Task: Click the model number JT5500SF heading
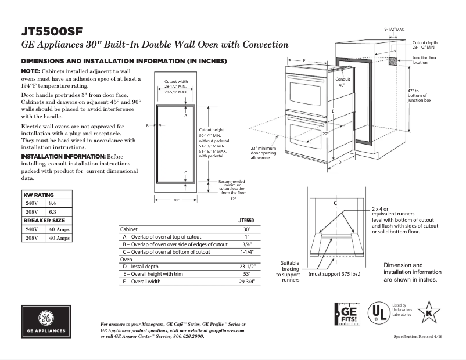tap(51, 31)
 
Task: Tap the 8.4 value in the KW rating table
tap(52, 203)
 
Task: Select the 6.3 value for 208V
tap(52, 212)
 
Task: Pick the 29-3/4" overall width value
tap(247, 282)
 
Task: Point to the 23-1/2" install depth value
tap(247, 267)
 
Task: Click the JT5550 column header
tap(246, 221)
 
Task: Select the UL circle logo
tap(380, 313)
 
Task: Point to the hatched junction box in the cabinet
tap(393, 60)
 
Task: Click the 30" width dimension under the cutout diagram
tap(176, 200)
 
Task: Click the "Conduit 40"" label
tap(342, 82)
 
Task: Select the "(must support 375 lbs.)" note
tap(334, 273)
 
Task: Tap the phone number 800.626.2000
tap(188, 336)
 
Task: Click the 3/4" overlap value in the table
tap(247, 244)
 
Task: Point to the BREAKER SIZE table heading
tap(44, 221)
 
